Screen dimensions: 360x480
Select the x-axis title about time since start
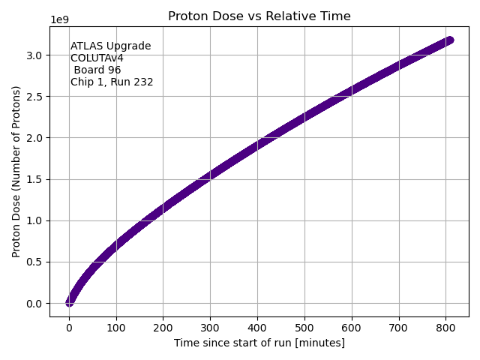259,343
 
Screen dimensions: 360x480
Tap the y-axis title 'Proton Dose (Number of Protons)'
16,172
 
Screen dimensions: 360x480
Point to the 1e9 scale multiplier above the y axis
60,19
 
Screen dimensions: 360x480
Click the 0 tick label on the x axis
69,326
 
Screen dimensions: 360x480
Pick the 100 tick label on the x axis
116,326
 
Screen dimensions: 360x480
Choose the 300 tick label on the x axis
210,326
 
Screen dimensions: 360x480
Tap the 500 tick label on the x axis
304,326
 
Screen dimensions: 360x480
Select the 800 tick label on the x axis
445,326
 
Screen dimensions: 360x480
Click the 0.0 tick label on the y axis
37,304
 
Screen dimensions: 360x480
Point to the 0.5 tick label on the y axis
37,262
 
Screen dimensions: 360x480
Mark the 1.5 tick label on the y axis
37,179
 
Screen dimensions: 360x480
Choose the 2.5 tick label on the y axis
37,97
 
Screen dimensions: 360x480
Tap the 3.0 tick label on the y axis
37,55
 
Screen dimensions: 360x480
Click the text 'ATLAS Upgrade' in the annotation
110,46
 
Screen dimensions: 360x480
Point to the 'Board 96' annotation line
97,70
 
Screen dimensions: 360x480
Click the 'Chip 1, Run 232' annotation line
112,82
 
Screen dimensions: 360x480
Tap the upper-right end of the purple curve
449,40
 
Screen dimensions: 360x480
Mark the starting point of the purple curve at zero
69,303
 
